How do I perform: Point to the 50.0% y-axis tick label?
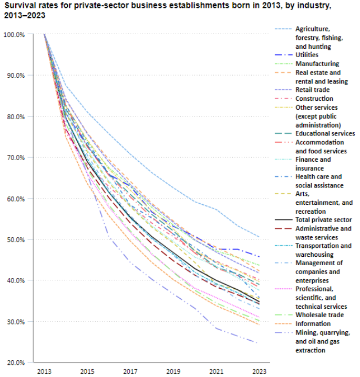14,239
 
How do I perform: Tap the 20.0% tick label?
14,362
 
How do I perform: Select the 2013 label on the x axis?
44,372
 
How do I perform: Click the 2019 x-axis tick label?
173,372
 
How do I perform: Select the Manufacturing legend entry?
317,64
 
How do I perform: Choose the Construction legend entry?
314,99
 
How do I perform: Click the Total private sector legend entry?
323,220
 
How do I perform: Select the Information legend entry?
312,324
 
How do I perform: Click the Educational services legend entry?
325,133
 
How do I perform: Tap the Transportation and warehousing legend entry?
323,250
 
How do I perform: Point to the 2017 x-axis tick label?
130,372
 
